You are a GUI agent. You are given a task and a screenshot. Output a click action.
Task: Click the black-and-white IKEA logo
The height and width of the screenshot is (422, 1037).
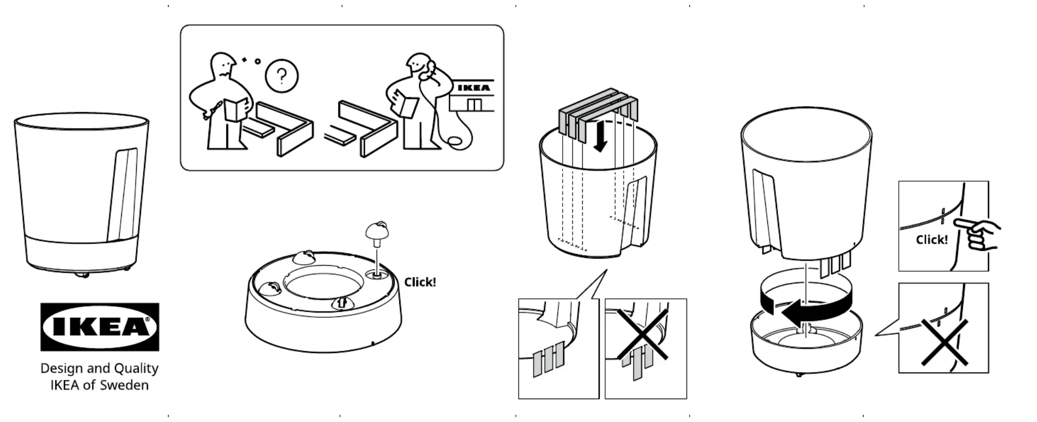point(99,327)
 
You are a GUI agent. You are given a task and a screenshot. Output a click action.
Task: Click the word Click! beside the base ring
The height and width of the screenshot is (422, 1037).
point(420,282)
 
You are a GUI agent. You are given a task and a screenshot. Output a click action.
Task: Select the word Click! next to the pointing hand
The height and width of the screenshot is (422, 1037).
point(931,240)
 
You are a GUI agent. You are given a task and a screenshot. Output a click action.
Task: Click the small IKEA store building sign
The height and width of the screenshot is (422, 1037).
point(473,88)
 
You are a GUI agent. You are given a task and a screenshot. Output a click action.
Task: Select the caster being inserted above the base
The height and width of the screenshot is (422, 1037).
point(377,233)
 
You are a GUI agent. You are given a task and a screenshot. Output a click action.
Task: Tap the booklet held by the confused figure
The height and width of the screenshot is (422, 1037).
point(237,109)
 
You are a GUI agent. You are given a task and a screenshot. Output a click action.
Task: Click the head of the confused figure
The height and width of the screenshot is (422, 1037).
point(223,65)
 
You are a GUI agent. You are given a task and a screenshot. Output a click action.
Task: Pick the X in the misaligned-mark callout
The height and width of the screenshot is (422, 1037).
point(944,342)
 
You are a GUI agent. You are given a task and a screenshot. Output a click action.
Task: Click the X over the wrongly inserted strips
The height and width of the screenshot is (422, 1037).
point(642,335)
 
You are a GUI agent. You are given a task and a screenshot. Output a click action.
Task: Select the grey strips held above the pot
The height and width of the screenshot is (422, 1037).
point(598,114)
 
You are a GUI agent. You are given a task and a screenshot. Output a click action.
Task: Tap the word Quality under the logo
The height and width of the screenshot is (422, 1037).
point(136,368)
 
